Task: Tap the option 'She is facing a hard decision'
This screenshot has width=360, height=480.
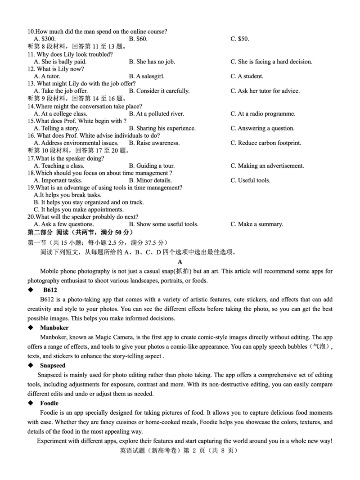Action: [271, 62]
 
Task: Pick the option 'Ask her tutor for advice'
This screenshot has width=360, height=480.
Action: [265, 91]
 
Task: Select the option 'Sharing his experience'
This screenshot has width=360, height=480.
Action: [162, 128]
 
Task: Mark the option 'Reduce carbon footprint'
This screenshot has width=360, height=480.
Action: [266, 143]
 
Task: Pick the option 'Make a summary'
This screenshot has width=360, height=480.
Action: [256, 224]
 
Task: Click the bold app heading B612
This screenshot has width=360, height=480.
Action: [50, 290]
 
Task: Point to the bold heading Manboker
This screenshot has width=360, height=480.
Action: [54, 328]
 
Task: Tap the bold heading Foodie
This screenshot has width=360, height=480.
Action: [49, 403]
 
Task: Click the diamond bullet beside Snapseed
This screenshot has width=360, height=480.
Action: [30, 366]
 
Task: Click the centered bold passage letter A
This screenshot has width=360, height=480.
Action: [180, 261]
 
